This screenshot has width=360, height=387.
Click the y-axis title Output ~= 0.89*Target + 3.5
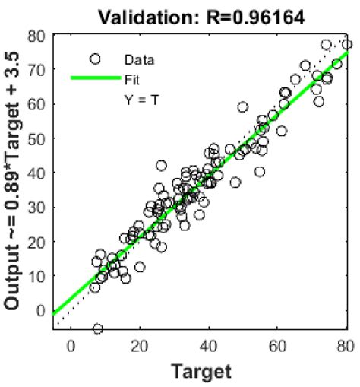[x=13, y=185]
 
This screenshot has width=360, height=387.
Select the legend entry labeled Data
[x=137, y=59]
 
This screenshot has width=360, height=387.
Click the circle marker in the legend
[x=95, y=59]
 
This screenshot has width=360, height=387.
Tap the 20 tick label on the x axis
[x=139, y=346]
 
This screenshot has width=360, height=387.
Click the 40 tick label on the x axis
[x=208, y=346]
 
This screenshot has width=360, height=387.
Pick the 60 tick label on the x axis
[x=278, y=346]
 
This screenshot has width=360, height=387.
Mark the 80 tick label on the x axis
[x=346, y=346]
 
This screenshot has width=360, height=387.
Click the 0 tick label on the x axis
[x=71, y=346]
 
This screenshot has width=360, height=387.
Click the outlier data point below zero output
[x=97, y=328]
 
